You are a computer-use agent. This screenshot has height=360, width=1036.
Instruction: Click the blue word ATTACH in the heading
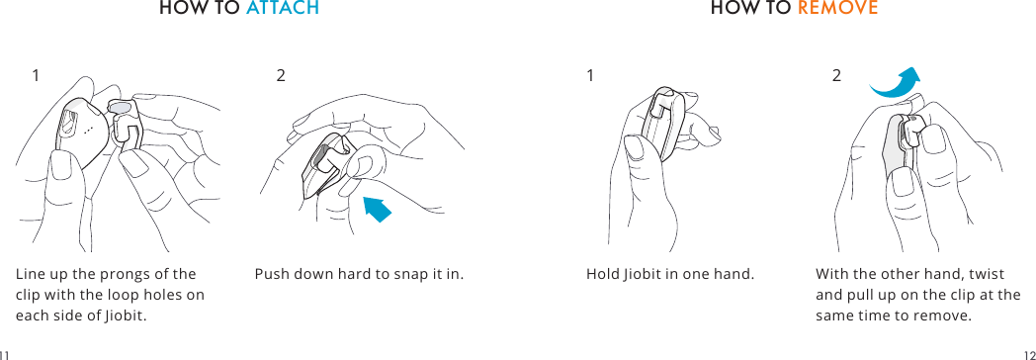282,9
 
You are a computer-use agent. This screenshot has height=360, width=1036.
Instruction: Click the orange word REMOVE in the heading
837,9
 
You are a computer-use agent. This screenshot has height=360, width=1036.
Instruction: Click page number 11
5,353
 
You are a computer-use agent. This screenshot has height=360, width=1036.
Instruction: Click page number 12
1029,353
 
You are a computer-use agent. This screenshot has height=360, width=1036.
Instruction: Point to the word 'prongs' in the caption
122,274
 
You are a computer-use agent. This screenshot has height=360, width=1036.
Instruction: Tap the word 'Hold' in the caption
602,274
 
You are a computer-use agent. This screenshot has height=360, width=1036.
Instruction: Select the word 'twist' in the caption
989,274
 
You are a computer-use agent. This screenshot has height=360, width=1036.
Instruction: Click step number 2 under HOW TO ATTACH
281,75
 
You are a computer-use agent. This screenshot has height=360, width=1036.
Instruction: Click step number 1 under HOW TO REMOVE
590,75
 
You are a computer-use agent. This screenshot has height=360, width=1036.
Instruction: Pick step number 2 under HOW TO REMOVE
836,75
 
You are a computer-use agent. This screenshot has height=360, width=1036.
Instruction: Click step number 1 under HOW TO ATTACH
36,75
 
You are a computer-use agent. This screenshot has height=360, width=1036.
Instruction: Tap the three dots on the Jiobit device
89,131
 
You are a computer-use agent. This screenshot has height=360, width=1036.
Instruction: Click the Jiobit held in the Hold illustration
660,124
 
